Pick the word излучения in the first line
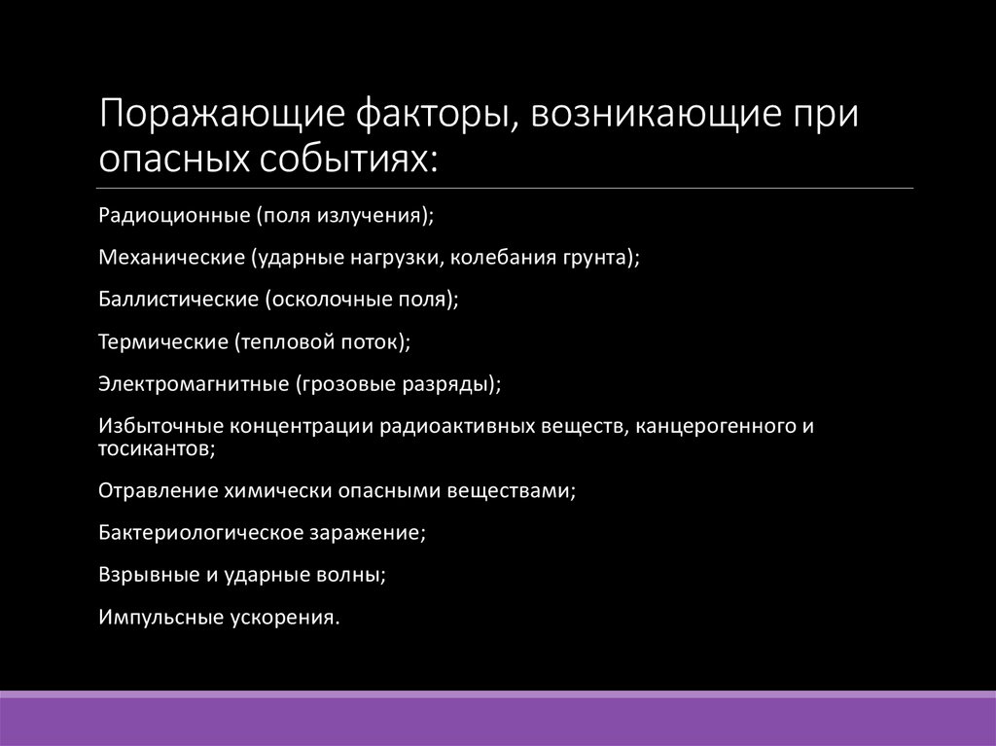point(373,215)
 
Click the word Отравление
point(158,491)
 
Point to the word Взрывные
point(147,575)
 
